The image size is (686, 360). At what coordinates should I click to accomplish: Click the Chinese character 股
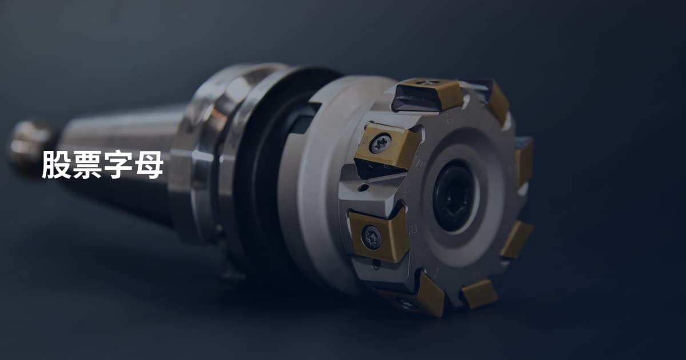[x=57, y=165]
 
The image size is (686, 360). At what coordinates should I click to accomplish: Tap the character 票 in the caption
[x=87, y=165]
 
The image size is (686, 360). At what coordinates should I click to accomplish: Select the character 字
[x=118, y=165]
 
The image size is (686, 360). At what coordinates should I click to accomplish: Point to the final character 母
[x=149, y=165]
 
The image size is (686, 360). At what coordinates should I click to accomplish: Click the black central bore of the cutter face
[x=454, y=195]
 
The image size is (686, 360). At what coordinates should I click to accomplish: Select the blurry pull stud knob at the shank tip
[x=30, y=147]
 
